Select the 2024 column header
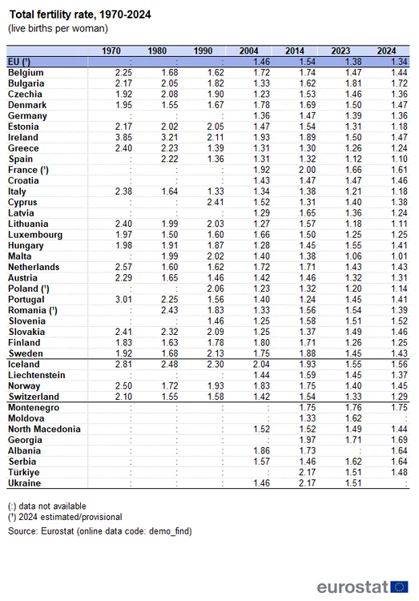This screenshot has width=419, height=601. click(x=388, y=51)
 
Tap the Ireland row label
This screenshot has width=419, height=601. click(x=23, y=137)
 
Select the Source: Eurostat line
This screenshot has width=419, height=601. click(x=100, y=531)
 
